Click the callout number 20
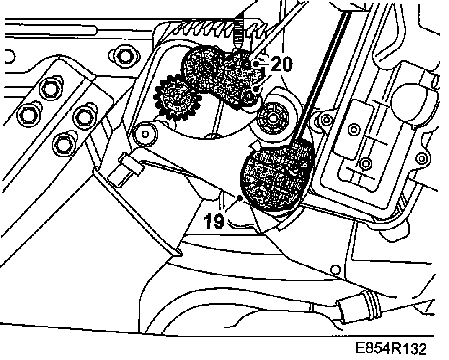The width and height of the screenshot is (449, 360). coord(281,64)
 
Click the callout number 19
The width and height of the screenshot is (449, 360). coord(214,220)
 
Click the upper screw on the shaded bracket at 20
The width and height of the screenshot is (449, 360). coord(247,64)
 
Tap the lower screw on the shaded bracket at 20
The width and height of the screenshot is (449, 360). coord(249,97)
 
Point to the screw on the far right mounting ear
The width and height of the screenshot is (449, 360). coord(422,158)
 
